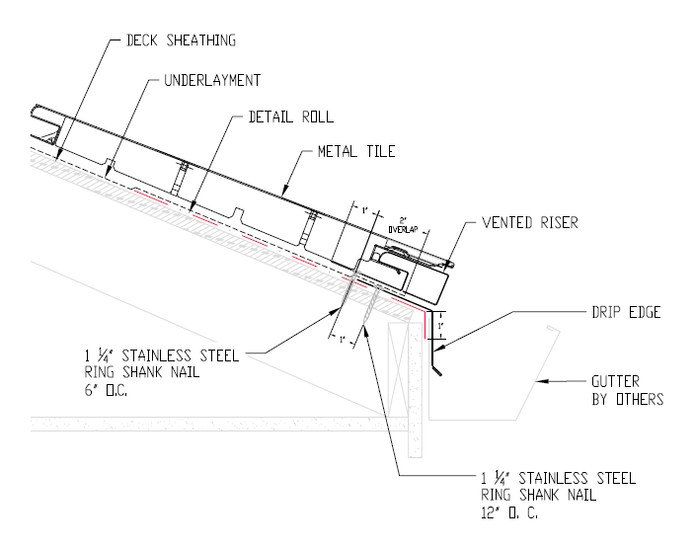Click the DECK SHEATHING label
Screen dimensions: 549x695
coord(182,40)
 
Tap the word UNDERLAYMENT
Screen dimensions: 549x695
coord(211,79)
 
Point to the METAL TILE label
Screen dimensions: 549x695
coord(355,152)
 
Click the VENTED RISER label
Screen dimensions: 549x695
coord(529,222)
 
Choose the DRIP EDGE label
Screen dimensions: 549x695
coord(625,312)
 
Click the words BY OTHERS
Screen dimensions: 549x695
coord(627,399)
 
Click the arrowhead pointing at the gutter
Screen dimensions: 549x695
coord(537,380)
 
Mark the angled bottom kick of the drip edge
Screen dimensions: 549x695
coord(437,367)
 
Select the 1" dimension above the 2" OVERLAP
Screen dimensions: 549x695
coord(363,210)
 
